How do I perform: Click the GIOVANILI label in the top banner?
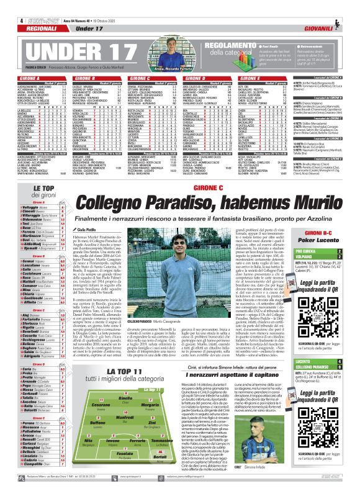tap(338, 27)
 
